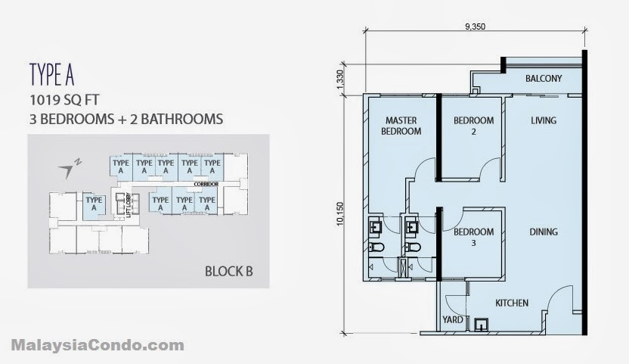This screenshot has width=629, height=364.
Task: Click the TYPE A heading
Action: (51, 74)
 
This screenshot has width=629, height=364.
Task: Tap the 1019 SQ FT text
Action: (64, 100)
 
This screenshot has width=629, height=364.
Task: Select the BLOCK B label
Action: (228, 271)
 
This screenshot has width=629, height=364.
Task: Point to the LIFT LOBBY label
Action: (129, 205)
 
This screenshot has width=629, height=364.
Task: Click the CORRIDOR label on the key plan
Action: (206, 184)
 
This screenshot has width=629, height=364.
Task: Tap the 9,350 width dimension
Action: (475, 26)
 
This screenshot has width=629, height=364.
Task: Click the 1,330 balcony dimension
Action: (340, 79)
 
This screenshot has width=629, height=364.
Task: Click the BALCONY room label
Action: (544, 79)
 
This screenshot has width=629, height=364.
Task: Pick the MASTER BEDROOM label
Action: (401, 126)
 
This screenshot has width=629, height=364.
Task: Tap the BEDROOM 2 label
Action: (474, 126)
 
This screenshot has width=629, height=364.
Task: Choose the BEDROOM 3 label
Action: (474, 237)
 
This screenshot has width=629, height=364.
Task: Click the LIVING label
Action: (544, 120)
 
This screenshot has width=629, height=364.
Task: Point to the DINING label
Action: (544, 232)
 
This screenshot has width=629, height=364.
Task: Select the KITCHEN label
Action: (512, 303)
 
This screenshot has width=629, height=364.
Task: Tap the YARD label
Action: (453, 320)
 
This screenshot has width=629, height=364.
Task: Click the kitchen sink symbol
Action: (481, 325)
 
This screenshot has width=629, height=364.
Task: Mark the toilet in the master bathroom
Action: (376, 247)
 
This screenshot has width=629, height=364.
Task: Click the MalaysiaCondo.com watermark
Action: (98, 345)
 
